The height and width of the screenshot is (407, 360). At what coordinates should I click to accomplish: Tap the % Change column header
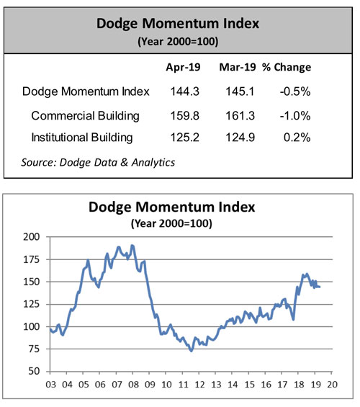(x=287, y=68)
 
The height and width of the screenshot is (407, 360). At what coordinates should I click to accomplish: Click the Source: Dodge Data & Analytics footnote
(x=99, y=162)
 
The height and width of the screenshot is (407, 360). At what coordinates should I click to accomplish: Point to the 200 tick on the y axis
(x=30, y=236)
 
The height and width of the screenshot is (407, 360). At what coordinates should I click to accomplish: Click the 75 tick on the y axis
(x=32, y=349)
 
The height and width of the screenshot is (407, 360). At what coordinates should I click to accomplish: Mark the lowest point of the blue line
(x=191, y=350)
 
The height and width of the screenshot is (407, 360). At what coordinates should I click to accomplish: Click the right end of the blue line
(x=320, y=287)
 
